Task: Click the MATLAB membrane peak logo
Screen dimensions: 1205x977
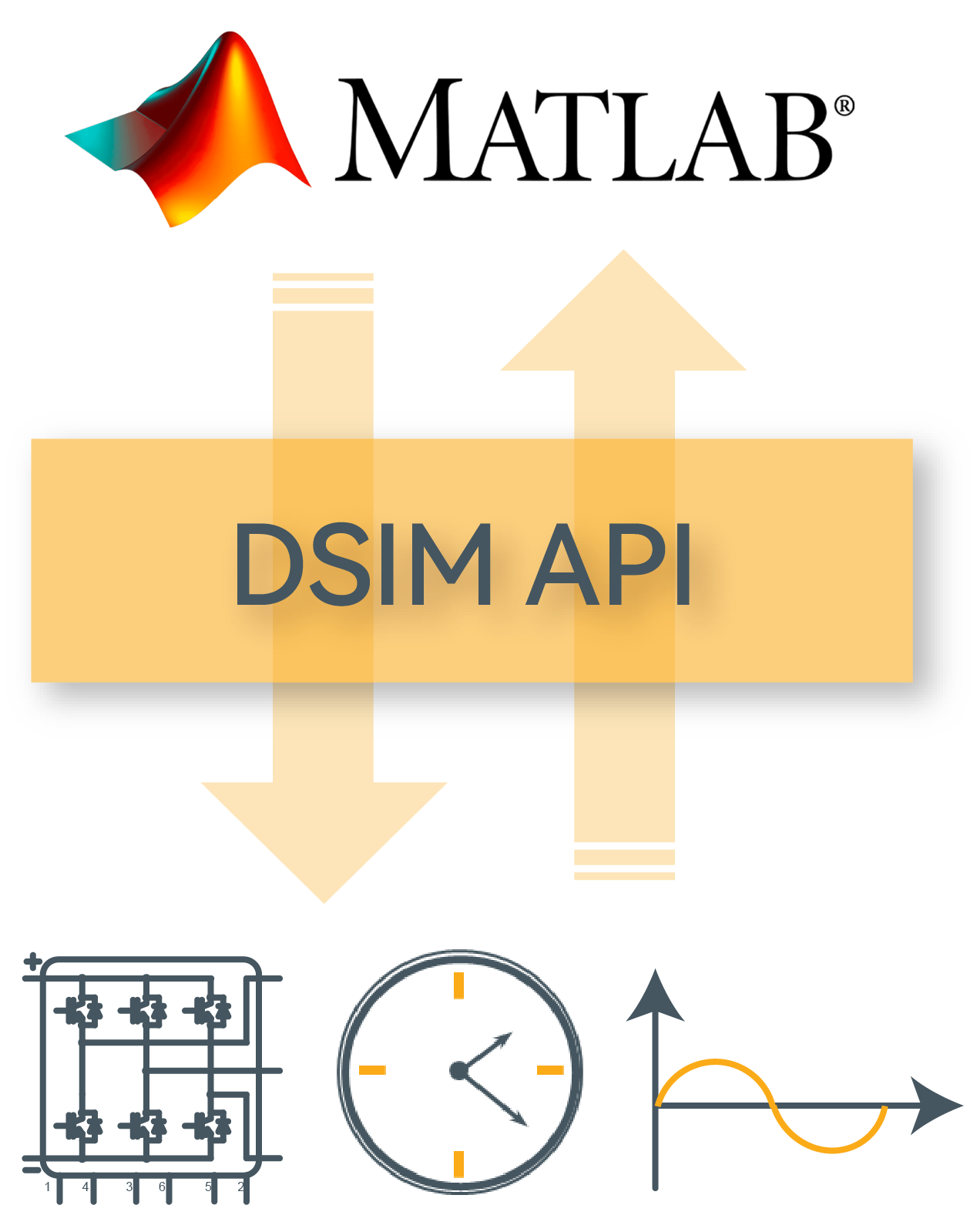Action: coord(200,131)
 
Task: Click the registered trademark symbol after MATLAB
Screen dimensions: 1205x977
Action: coord(844,106)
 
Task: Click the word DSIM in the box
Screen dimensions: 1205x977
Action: coord(363,564)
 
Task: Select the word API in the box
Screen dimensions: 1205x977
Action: coord(609,564)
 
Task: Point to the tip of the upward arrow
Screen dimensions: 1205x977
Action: coord(623,254)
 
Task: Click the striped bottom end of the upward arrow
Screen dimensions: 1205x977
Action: coord(624,864)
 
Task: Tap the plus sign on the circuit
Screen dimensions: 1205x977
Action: coord(32,961)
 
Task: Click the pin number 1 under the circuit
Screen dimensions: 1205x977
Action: coord(48,1187)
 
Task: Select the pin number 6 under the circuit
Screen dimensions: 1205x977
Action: coord(162,1187)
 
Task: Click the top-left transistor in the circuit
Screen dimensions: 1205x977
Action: coord(79,1010)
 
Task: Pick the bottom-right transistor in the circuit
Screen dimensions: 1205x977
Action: coord(208,1126)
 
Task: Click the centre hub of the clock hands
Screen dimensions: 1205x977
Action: coord(458,1069)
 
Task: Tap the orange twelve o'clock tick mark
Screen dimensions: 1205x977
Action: coord(459,985)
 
